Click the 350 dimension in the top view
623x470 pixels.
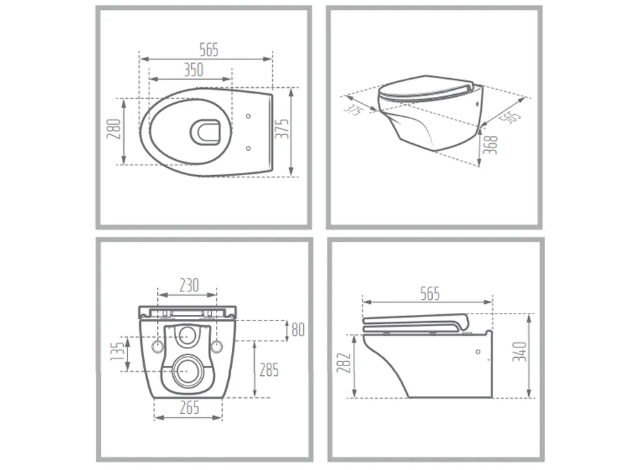194,70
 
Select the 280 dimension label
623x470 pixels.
114,129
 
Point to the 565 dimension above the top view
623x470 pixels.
208,50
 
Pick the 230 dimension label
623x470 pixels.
189,284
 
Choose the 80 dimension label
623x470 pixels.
298,329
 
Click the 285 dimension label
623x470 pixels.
269,370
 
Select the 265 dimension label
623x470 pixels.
189,408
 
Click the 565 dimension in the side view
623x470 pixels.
429,293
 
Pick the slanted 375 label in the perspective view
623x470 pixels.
354,109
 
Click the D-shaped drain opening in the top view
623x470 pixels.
204,132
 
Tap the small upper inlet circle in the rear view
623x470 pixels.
187,336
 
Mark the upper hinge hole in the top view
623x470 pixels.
248,116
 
